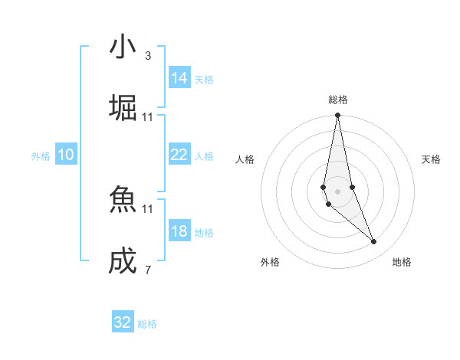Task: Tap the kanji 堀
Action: (123, 108)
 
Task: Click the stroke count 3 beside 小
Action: (148, 55)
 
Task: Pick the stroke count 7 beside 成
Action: (148, 270)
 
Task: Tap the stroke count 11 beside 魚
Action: (148, 208)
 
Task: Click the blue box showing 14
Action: (179, 78)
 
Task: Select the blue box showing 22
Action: (179, 155)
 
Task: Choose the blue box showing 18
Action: (179, 231)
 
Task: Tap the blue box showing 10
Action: (66, 155)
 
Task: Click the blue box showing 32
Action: (123, 322)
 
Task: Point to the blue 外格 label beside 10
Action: (41, 155)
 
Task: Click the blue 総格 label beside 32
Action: (147, 324)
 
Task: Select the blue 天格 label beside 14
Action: (204, 79)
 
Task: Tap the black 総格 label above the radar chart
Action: (338, 100)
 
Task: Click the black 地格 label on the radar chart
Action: (402, 262)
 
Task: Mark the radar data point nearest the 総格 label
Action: (337, 116)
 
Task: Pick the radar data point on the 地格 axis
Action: (374, 242)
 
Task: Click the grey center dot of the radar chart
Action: (337, 191)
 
